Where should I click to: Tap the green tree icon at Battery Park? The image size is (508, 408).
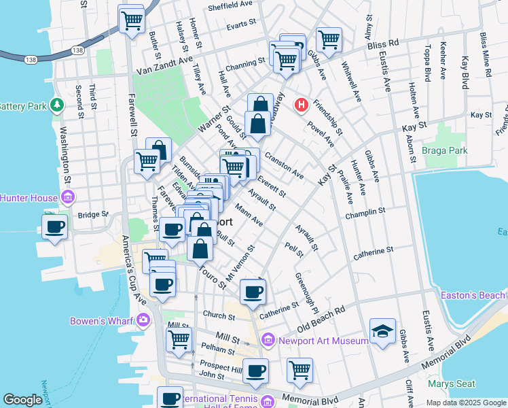(x=58, y=105)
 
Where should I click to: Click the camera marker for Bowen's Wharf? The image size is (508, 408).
(x=143, y=320)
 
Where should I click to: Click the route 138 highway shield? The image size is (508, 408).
(x=78, y=50)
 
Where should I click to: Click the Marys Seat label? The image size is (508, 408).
(x=456, y=384)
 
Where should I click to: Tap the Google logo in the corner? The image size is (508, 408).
(x=23, y=399)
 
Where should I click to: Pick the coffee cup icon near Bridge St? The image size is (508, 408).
(x=54, y=226)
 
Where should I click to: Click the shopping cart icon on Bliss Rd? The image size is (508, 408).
(x=329, y=39)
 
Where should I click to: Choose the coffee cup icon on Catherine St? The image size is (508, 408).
(x=253, y=292)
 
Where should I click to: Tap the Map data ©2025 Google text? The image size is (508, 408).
(x=466, y=403)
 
